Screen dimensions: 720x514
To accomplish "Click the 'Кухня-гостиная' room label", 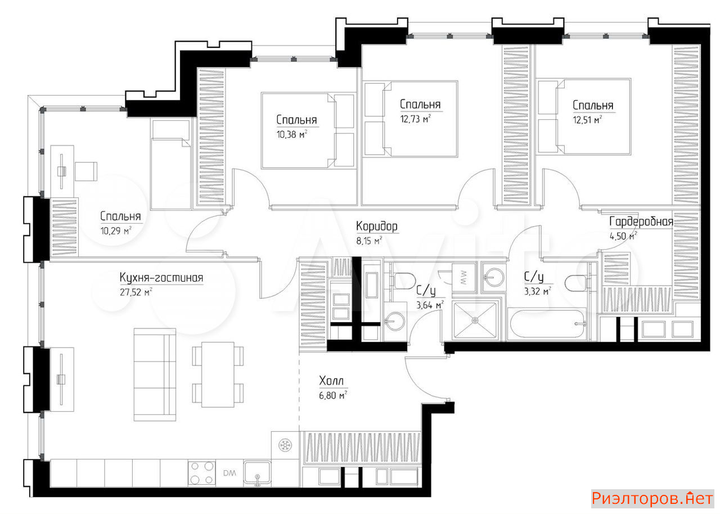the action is [x=161, y=278].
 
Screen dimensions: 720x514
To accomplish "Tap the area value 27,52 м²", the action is [x=136, y=292].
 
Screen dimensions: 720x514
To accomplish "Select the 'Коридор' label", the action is [x=377, y=227].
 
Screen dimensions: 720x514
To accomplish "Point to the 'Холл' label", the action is [x=331, y=381].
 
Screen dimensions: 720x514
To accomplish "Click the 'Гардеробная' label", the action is [x=641, y=222].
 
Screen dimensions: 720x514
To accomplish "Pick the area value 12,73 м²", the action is [x=415, y=119].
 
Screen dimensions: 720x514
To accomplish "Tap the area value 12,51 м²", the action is [x=587, y=120].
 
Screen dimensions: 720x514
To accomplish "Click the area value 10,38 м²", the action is [x=291, y=134].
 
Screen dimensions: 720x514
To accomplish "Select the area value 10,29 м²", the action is [x=116, y=231].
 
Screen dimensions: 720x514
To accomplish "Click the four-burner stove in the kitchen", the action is [x=201, y=472].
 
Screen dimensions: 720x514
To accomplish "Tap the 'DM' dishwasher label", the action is [x=229, y=473].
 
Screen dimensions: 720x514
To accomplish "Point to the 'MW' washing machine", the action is [x=463, y=278].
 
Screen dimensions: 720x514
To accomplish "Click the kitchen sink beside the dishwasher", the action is [x=257, y=473].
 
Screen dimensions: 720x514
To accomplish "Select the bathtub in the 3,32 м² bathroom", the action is [x=547, y=324].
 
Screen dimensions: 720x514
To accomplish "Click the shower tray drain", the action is [x=475, y=321].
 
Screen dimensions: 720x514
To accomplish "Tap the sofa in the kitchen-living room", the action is [x=155, y=375].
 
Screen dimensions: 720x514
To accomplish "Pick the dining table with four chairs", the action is [x=218, y=375].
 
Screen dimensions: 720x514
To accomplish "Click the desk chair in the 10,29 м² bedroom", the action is [x=86, y=171].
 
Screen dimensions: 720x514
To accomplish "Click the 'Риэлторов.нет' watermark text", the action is [x=652, y=498].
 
